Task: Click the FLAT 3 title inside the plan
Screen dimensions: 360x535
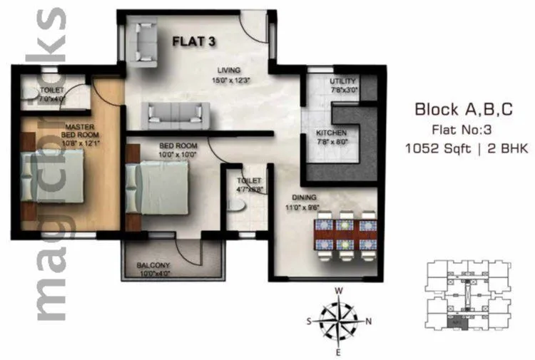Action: coord(195,41)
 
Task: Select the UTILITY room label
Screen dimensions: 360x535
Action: coord(342,81)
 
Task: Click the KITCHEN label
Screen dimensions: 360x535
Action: coord(332,133)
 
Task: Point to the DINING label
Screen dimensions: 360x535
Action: coord(302,198)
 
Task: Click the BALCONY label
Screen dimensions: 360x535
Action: coord(153,265)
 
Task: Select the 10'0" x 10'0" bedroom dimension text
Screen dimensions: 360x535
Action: coord(178,154)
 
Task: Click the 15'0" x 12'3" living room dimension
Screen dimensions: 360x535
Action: coord(231,80)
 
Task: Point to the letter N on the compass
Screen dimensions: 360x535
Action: coord(369,321)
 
